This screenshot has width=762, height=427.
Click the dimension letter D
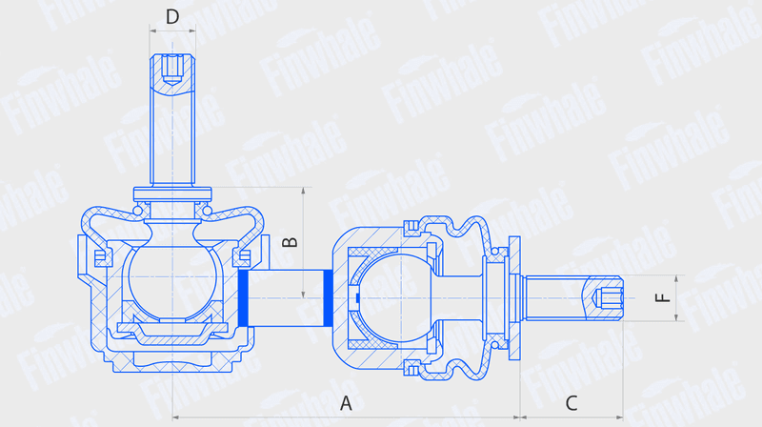[172, 17]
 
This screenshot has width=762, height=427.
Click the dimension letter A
[346, 403]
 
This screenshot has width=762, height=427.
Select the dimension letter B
[291, 242]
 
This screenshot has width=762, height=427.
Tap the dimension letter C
[571, 403]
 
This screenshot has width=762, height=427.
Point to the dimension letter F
[663, 297]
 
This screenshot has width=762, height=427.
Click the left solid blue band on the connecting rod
[244, 297]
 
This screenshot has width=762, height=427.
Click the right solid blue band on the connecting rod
[329, 297]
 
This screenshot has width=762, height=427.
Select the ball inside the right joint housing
[393, 297]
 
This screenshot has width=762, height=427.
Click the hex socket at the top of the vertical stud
[172, 69]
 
